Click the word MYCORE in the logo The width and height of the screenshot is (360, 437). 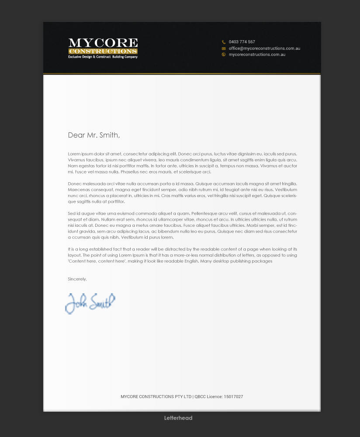[103, 43]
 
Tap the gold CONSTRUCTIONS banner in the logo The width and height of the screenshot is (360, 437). [103, 51]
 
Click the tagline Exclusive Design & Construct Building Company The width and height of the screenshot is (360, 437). [103, 57]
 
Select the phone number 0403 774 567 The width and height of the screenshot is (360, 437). [242, 42]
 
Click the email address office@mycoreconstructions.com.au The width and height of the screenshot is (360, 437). [264, 49]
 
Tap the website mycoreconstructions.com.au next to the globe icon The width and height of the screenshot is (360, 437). [257, 55]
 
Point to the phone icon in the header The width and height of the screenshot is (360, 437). [224, 42]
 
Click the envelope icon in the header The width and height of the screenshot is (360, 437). [224, 49]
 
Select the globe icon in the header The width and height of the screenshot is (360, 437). [224, 55]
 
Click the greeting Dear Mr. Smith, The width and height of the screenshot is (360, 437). [94, 135]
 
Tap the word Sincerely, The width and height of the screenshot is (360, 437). [77, 279]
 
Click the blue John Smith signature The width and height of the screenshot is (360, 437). [90, 302]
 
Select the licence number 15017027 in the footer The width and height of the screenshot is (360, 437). [233, 397]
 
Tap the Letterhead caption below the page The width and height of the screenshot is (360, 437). [178, 418]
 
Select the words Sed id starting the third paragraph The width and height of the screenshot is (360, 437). [73, 213]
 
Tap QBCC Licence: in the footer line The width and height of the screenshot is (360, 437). [208, 397]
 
